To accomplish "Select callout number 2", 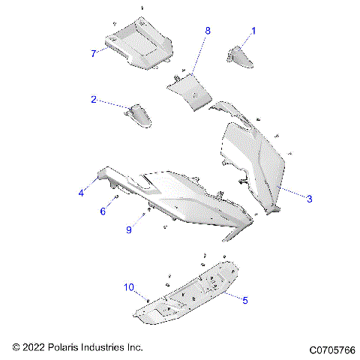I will (x=94, y=100).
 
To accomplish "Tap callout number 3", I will (x=309, y=198).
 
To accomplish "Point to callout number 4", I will (x=81, y=193).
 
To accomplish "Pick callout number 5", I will (x=244, y=298).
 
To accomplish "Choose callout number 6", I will (x=103, y=211).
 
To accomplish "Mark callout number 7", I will (x=93, y=53).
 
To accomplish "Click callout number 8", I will (x=208, y=31).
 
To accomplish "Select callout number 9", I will (x=128, y=229).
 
